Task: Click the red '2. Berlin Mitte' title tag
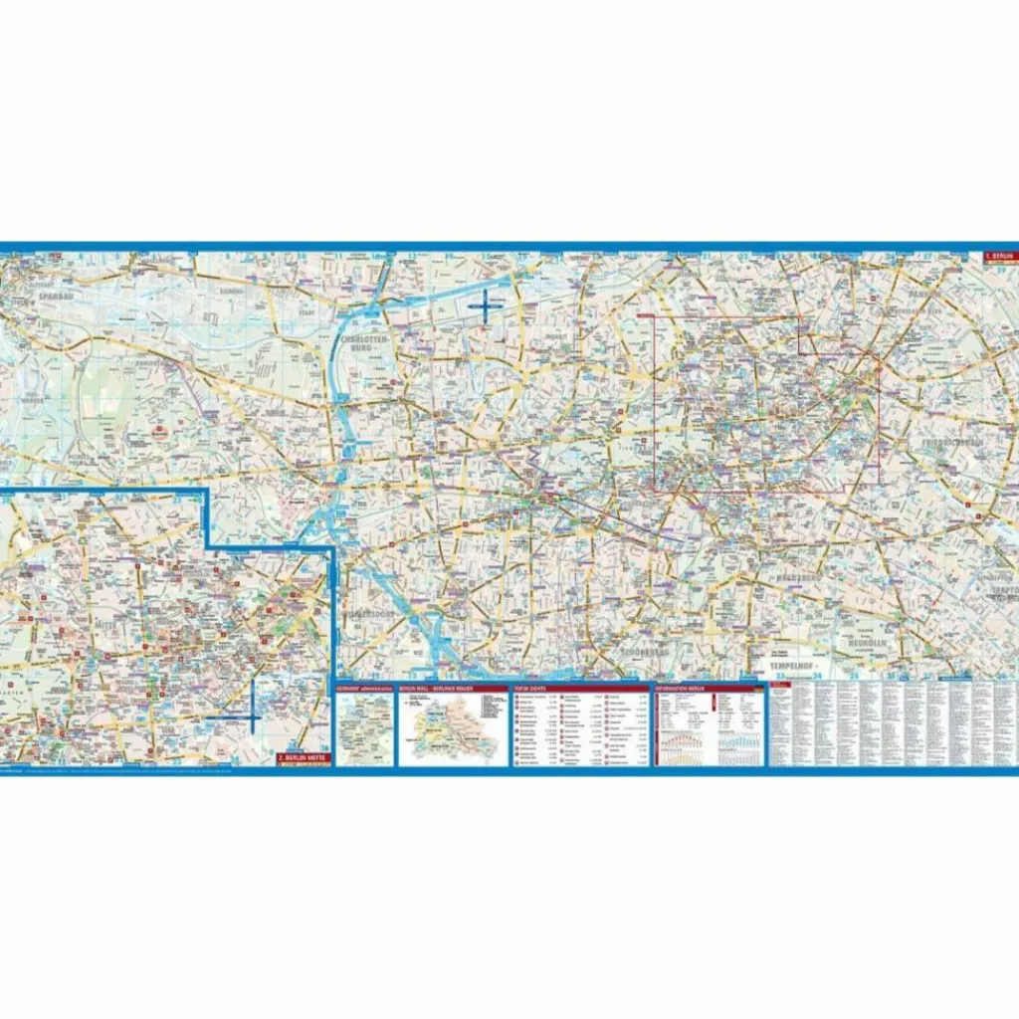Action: tap(303, 758)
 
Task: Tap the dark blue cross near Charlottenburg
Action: tap(486, 306)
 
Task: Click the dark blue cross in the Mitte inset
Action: tap(254, 716)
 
